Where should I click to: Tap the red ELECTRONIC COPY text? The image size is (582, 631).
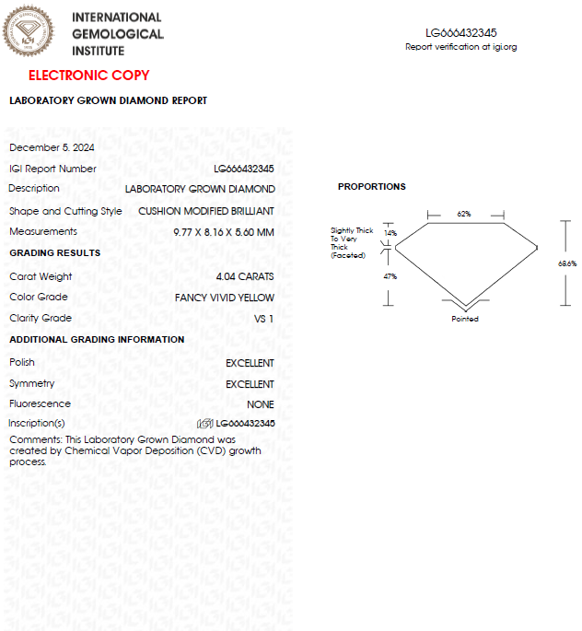tap(88, 76)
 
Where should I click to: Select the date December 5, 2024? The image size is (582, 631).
tap(52, 147)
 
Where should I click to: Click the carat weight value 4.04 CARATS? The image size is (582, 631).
tap(244, 276)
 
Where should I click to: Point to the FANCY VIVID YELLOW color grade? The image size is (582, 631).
tap(224, 298)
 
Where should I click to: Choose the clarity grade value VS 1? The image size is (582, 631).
tap(263, 319)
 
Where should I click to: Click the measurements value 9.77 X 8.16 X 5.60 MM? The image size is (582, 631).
tap(223, 232)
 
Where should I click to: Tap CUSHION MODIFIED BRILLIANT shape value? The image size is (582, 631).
tap(205, 211)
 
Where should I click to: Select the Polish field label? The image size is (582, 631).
tap(22, 362)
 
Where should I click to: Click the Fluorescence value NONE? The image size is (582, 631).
tap(260, 404)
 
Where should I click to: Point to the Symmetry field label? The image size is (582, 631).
tap(31, 383)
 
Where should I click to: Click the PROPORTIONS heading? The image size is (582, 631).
tap(371, 187)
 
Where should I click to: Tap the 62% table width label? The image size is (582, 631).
tap(464, 214)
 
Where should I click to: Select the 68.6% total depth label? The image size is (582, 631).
tap(567, 263)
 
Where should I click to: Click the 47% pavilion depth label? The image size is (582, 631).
tap(390, 276)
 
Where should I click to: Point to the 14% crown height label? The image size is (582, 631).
tap(390, 233)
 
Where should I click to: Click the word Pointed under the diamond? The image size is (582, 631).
tap(465, 319)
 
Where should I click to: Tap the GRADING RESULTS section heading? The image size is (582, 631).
tap(54, 252)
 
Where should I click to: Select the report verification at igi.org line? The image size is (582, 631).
tap(461, 47)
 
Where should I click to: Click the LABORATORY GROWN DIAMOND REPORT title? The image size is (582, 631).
tap(108, 100)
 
